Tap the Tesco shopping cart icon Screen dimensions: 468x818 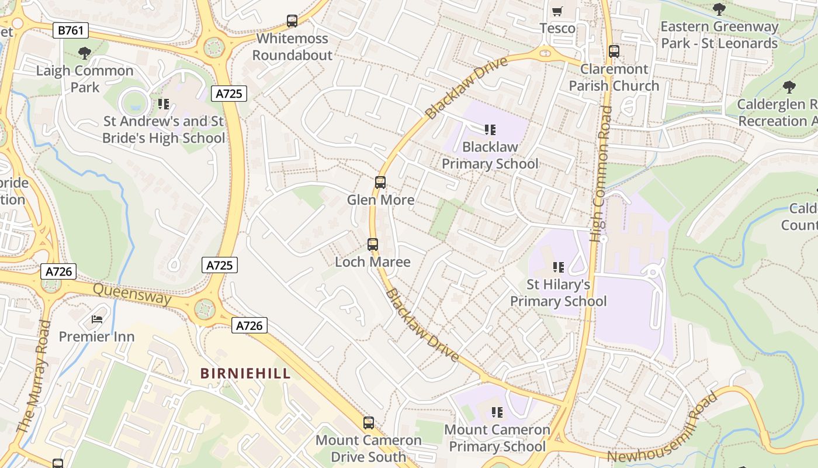pyautogui.click(x=557, y=11)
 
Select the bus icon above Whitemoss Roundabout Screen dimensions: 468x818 pyautogui.click(x=292, y=21)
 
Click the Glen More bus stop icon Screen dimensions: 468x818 pyautogui.click(x=380, y=183)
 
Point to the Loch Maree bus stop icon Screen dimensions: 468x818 pyautogui.click(x=373, y=245)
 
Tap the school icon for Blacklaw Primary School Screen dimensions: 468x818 pyautogui.click(x=490, y=129)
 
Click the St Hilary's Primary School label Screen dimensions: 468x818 pyautogui.click(x=559, y=293)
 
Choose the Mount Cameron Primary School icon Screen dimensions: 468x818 pyautogui.click(x=497, y=412)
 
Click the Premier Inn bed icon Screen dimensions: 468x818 pyautogui.click(x=97, y=319)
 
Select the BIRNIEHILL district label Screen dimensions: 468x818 pyautogui.click(x=245, y=373)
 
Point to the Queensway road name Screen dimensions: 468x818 pyautogui.click(x=132, y=294)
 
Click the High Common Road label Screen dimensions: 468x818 pyautogui.click(x=601, y=174)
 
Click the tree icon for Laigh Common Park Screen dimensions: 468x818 pyautogui.click(x=85, y=53)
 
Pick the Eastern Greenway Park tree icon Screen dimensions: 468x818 pyautogui.click(x=719, y=9)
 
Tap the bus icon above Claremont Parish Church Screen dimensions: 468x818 pyautogui.click(x=614, y=51)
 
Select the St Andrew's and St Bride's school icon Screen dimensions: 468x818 pyautogui.click(x=164, y=104)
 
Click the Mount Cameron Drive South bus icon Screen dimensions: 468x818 pyautogui.click(x=369, y=423)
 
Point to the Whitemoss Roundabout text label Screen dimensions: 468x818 pyautogui.click(x=292, y=47)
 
